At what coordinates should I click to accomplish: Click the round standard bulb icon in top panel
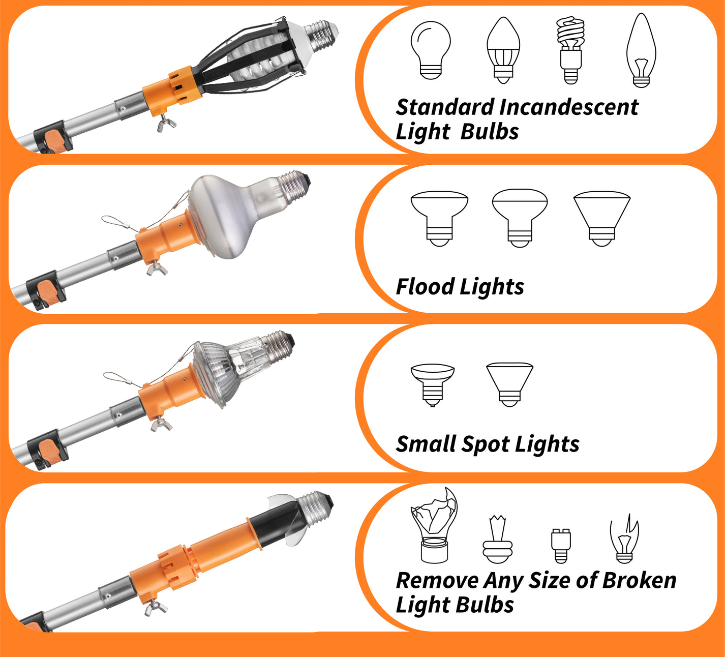(431, 50)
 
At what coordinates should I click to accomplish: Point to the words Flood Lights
(460, 287)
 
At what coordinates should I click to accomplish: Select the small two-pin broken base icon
(561, 545)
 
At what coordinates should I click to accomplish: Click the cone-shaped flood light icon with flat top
(602, 219)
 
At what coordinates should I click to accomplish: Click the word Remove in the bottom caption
(437, 580)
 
